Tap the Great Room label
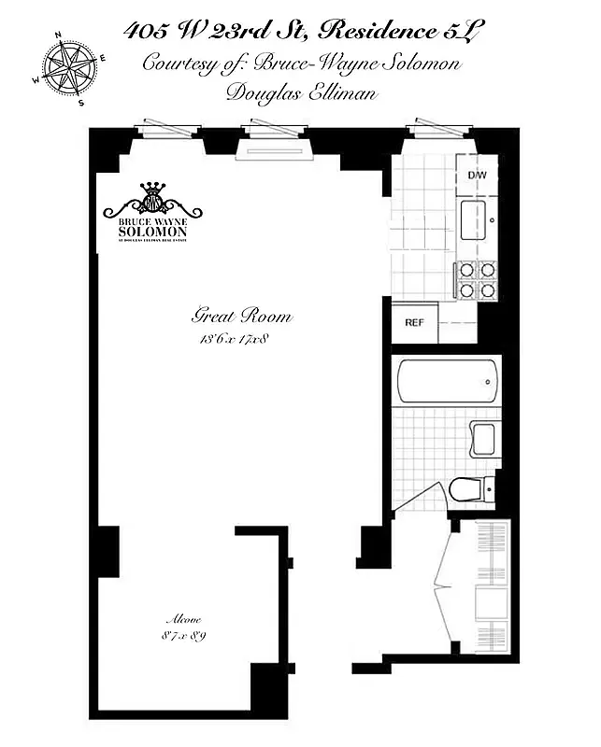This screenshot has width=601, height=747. click(x=241, y=316)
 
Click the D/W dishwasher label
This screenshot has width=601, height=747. click(x=476, y=175)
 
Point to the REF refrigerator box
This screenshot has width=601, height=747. click(x=414, y=323)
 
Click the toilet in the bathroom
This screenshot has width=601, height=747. click(x=466, y=487)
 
